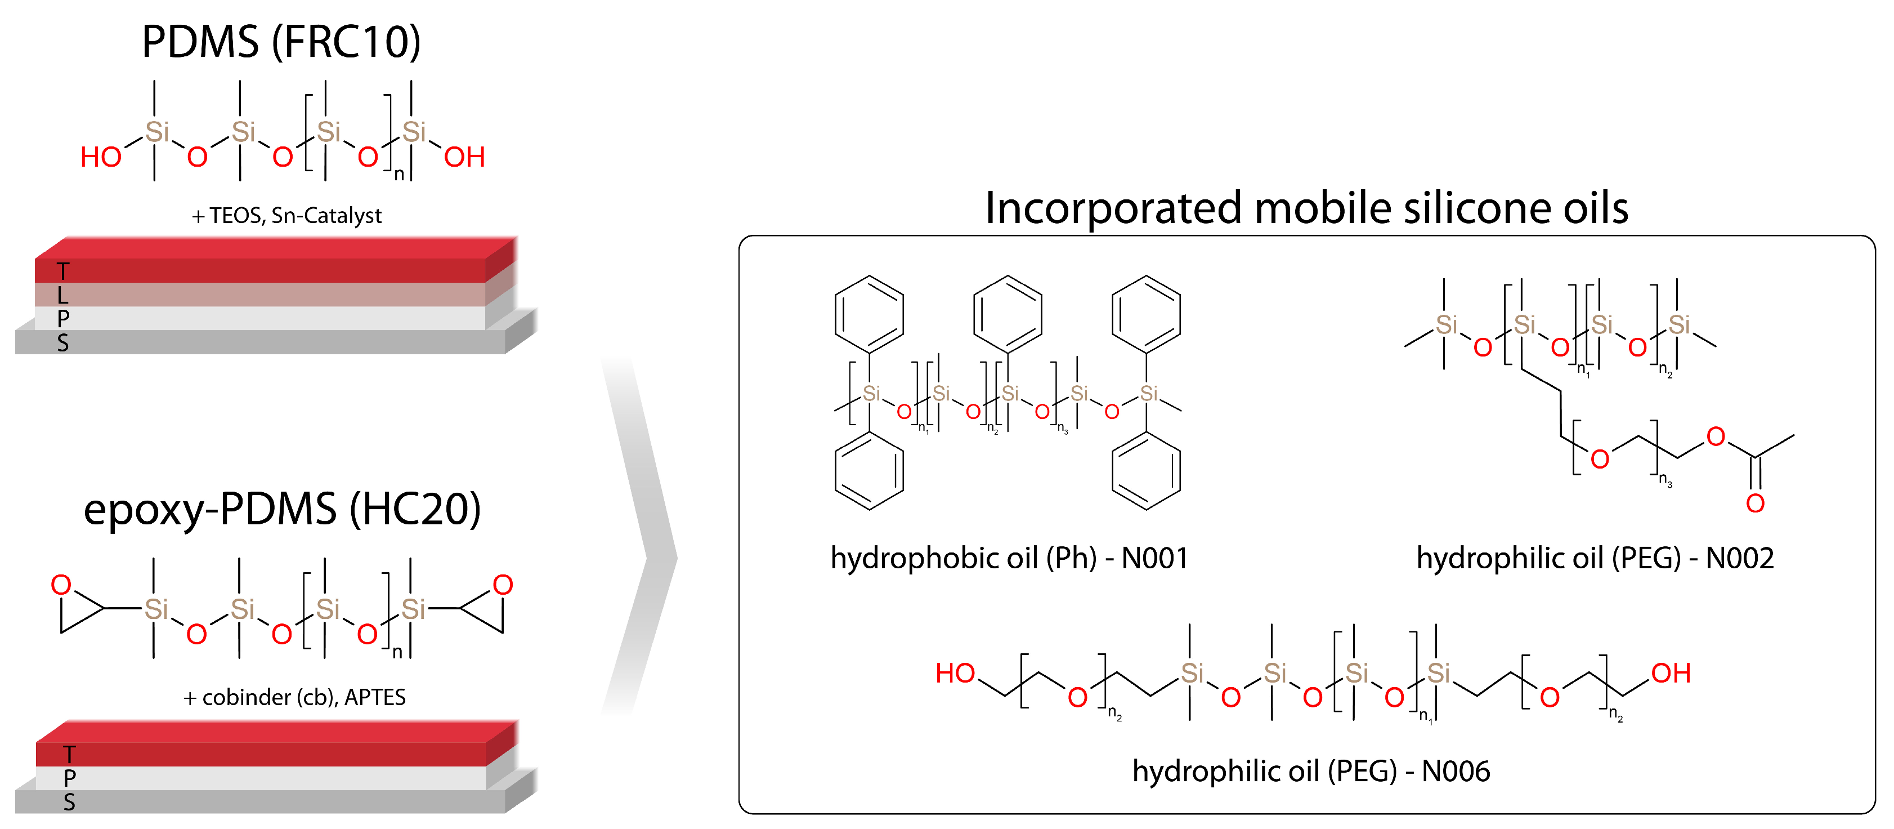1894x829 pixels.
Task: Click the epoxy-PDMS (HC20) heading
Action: tap(283, 509)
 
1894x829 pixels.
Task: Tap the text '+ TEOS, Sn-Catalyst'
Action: tap(286, 216)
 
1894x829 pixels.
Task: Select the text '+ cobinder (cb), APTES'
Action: tap(294, 697)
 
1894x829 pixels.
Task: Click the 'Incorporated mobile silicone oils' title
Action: tap(1306, 208)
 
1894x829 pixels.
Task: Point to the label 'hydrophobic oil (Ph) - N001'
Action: tap(1009, 558)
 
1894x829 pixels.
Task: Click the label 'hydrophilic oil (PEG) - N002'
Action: tap(1595, 558)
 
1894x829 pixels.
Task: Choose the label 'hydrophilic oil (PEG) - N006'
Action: tap(1311, 771)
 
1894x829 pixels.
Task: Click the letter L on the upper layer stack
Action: tap(63, 296)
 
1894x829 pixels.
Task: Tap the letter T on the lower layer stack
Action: tap(69, 754)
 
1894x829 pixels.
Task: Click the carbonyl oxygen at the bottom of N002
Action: tap(1755, 504)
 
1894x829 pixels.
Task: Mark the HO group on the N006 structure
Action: tap(955, 673)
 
